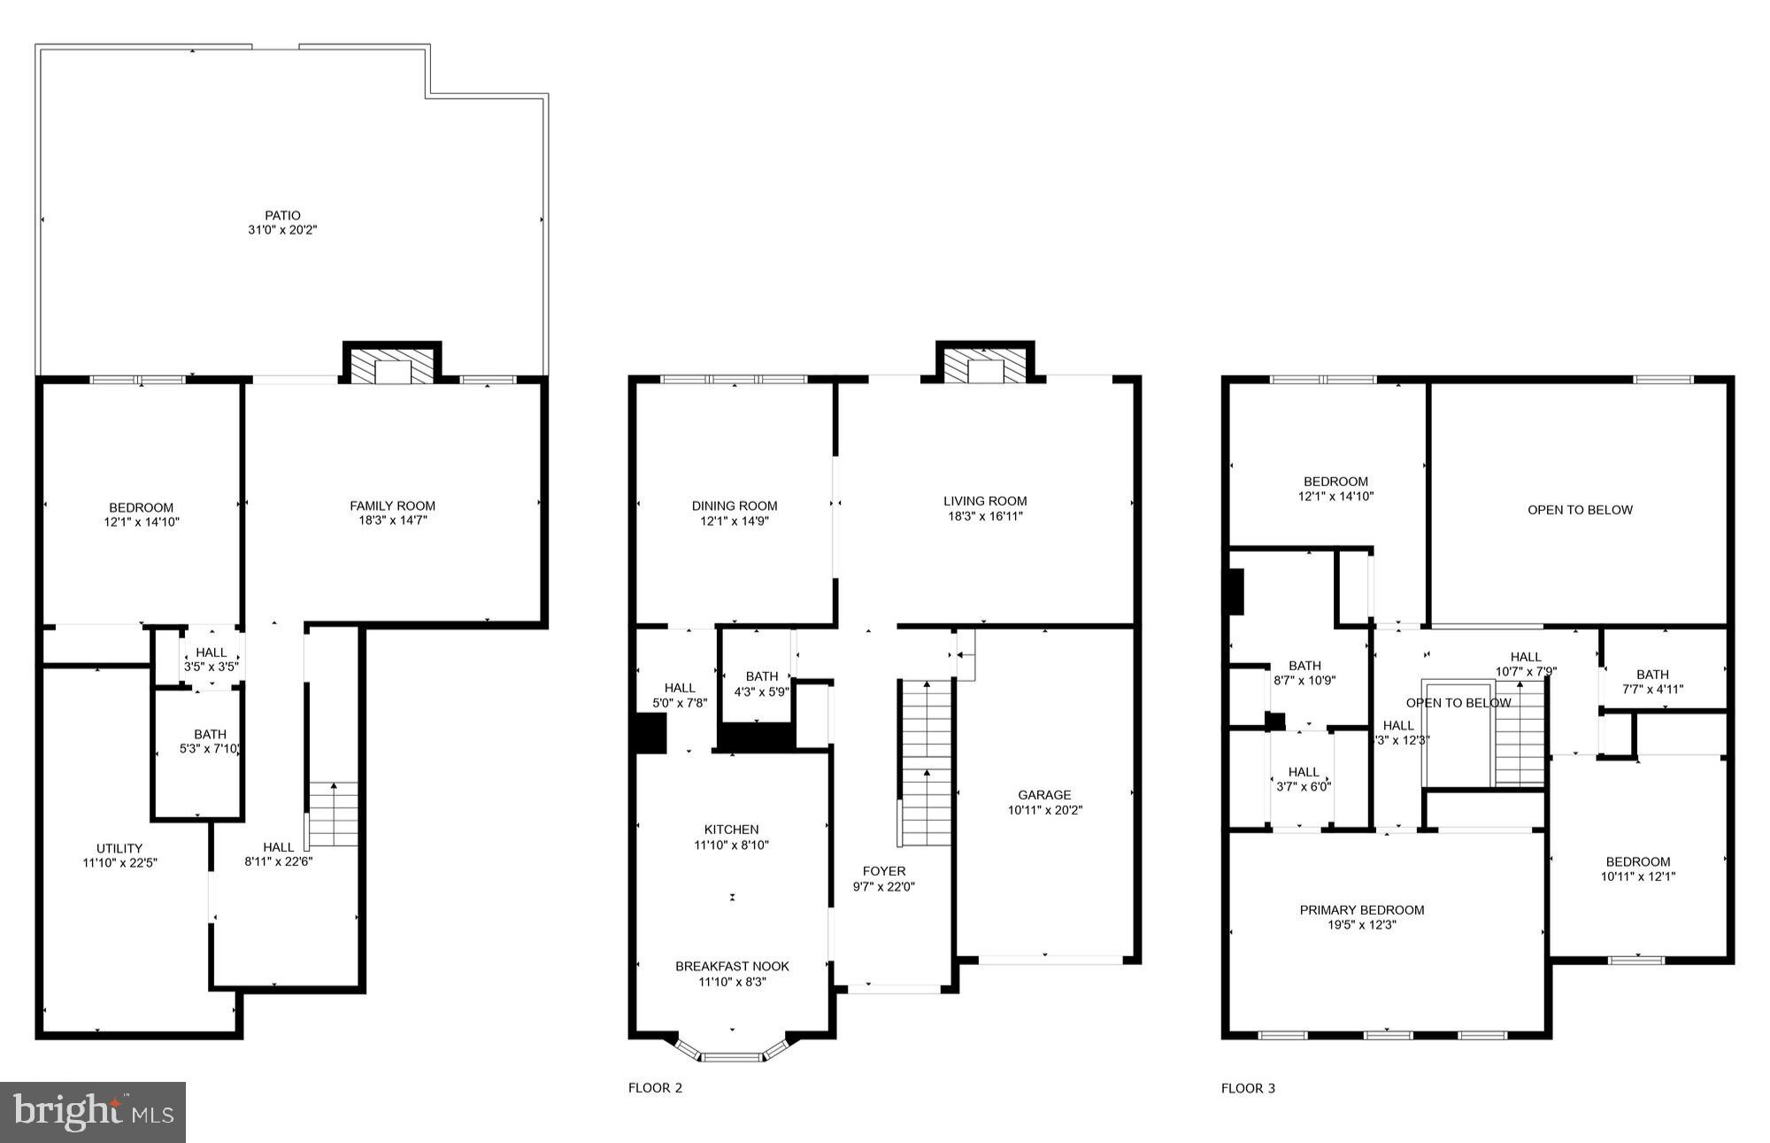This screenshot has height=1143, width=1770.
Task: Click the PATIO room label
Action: [282, 215]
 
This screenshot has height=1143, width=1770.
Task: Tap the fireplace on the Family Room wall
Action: [392, 364]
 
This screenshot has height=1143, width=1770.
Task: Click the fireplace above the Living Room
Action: [985, 364]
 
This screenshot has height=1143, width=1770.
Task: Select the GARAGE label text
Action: [1044, 795]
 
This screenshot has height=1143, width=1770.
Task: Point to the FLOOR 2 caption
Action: [655, 1088]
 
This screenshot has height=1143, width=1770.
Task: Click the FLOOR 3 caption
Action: [1248, 1088]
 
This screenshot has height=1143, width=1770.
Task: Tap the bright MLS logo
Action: [92, 1112]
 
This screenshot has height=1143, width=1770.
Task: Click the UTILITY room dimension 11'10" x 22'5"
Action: [120, 862]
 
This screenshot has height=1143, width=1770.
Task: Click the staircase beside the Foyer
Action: [926, 761]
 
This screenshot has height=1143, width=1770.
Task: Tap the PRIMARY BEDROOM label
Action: [1361, 910]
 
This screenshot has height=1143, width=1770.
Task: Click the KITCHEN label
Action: [732, 830]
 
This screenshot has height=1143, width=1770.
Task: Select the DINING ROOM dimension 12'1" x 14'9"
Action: [735, 521]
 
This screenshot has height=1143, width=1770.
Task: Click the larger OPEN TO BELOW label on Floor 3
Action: [1580, 510]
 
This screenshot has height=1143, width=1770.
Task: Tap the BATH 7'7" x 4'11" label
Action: [1652, 681]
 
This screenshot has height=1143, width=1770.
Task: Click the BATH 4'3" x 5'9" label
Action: [761, 684]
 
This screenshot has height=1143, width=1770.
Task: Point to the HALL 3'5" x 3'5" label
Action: [212, 660]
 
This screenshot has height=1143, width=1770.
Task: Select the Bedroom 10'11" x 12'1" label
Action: [1638, 869]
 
